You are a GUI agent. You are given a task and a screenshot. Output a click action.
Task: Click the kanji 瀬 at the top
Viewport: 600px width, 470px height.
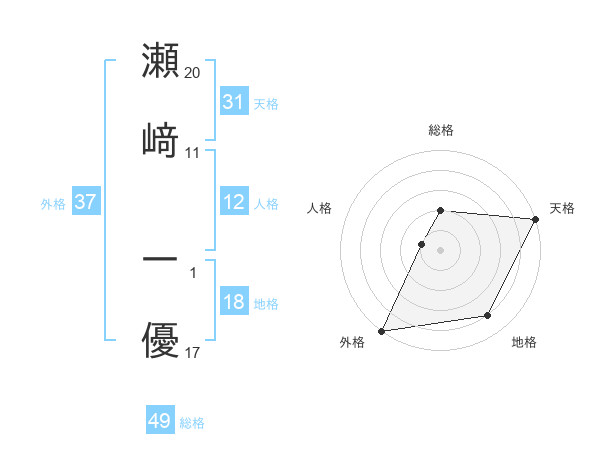tap(161, 60)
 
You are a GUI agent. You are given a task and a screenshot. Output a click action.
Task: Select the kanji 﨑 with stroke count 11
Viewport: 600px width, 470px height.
tap(161, 140)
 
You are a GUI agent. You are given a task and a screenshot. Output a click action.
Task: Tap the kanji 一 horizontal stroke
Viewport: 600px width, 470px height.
tap(161, 260)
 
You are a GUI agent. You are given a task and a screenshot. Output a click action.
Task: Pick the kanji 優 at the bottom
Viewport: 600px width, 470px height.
tap(161, 341)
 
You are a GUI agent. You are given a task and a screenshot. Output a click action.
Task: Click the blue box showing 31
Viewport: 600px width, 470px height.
tap(233, 101)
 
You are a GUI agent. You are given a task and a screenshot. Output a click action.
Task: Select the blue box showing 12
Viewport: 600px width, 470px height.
tap(233, 202)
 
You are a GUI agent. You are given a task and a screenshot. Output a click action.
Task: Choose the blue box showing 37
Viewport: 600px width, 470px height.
tap(85, 202)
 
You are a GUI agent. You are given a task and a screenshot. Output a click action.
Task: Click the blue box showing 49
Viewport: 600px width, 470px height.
tap(160, 421)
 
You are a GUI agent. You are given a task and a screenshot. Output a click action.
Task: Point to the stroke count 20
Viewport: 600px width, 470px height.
tap(193, 72)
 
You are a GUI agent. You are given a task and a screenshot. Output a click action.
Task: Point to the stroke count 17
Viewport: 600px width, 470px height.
tap(193, 353)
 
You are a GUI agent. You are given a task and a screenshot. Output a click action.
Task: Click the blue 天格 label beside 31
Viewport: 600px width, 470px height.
tap(266, 103)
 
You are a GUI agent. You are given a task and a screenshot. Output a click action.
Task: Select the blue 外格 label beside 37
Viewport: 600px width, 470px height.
tap(53, 204)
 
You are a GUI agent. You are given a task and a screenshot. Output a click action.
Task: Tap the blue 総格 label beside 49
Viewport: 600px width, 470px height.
tap(192, 423)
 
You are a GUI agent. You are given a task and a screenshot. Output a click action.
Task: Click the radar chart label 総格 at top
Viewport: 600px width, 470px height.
tap(441, 130)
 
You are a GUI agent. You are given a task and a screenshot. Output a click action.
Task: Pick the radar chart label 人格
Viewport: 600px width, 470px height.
tap(320, 208)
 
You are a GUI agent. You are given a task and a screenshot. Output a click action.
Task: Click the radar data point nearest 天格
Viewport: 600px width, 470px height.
tap(536, 219)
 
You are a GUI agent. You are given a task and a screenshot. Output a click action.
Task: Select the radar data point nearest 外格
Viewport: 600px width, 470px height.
tap(382, 330)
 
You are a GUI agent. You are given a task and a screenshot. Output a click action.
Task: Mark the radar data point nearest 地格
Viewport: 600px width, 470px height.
tap(488, 316)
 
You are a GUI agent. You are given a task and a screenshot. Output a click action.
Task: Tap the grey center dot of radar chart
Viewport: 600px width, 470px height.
tap(441, 249)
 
